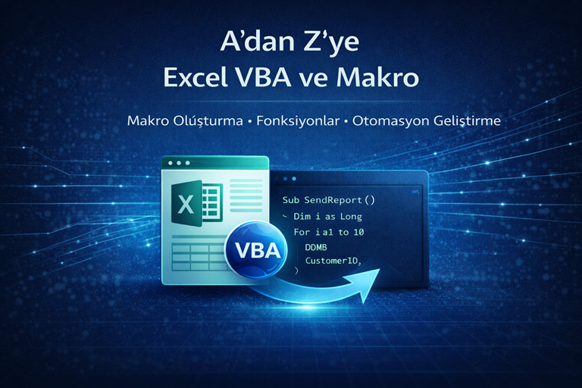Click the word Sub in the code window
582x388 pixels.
click(x=290, y=201)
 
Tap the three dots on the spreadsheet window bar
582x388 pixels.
click(x=177, y=163)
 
